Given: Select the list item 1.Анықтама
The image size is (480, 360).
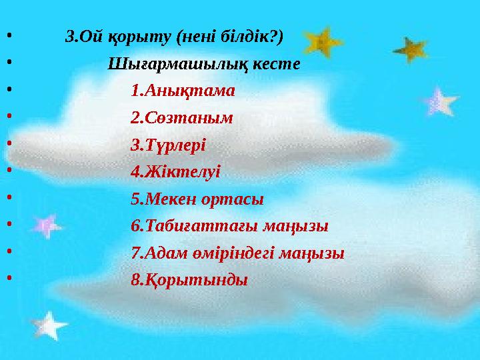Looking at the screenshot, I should pyautogui.click(x=183, y=91).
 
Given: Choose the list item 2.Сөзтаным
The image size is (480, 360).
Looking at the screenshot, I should pyautogui.click(x=182, y=118).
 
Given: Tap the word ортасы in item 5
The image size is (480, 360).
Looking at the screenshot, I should pyautogui.click(x=237, y=199).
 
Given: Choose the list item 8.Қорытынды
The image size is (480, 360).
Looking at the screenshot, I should pyautogui.click(x=189, y=280).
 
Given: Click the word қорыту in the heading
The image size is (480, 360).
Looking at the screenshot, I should pyautogui.click(x=138, y=37).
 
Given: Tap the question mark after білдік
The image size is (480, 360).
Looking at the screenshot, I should pyautogui.click(x=277, y=36).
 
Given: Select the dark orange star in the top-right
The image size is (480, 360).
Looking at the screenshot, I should pyautogui.click(x=409, y=48).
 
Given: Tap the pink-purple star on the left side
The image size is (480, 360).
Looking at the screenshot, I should pyautogui.click(x=46, y=225).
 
